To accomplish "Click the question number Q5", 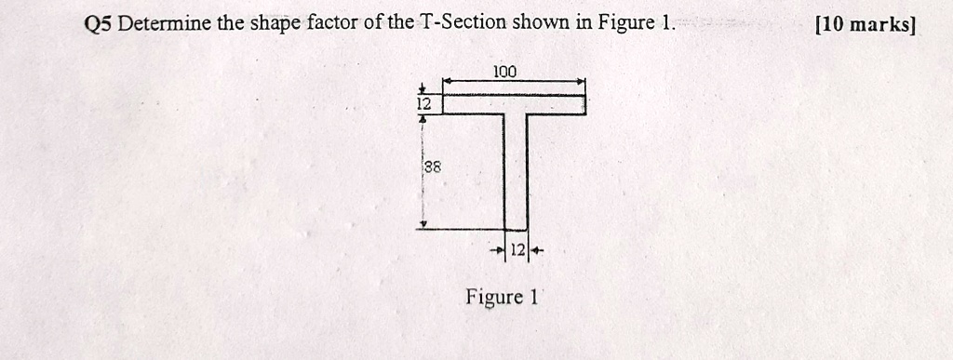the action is pyautogui.click(x=99, y=22).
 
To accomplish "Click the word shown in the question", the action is pyautogui.click(x=546, y=22).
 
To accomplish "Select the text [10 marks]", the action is pyautogui.click(x=865, y=23).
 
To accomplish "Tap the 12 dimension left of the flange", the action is pyautogui.click(x=423, y=105).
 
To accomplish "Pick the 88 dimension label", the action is pyautogui.click(x=432, y=168).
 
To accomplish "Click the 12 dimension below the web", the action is pyautogui.click(x=517, y=251).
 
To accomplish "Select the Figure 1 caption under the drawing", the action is pyautogui.click(x=503, y=298).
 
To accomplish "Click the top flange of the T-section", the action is pyautogui.click(x=513, y=103).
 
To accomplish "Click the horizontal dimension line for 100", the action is pyautogui.click(x=549, y=82).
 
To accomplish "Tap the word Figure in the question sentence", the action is pyautogui.click(x=627, y=22).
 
